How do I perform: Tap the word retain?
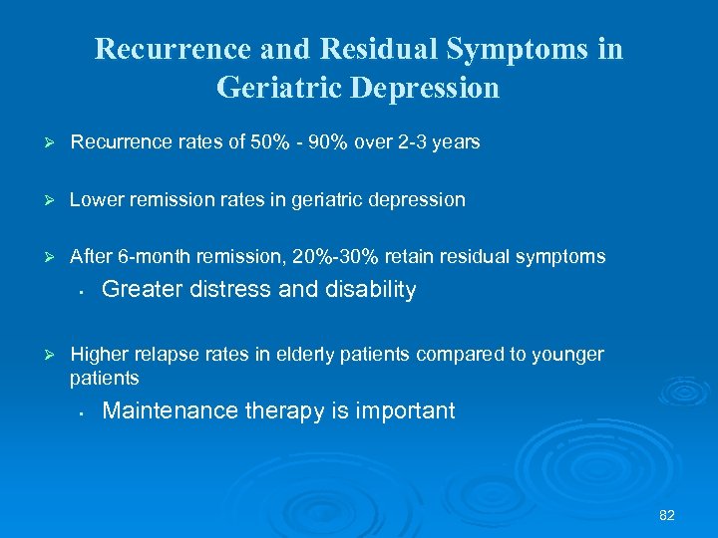[409, 257]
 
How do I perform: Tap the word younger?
[568, 355]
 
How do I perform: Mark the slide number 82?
[667, 515]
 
